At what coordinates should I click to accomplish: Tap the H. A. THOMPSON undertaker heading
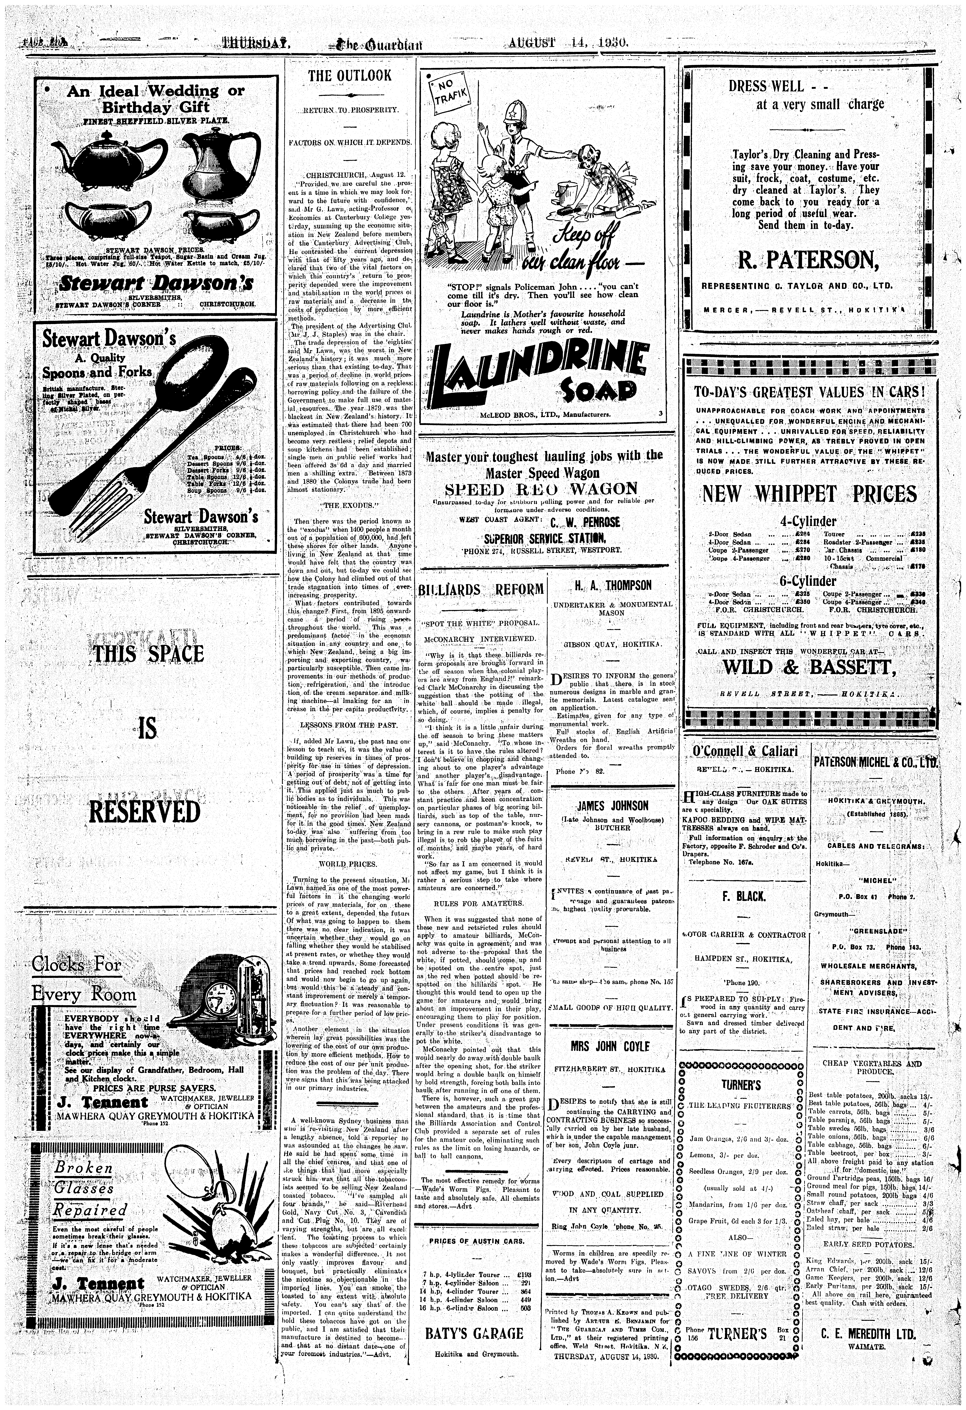click(612, 585)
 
